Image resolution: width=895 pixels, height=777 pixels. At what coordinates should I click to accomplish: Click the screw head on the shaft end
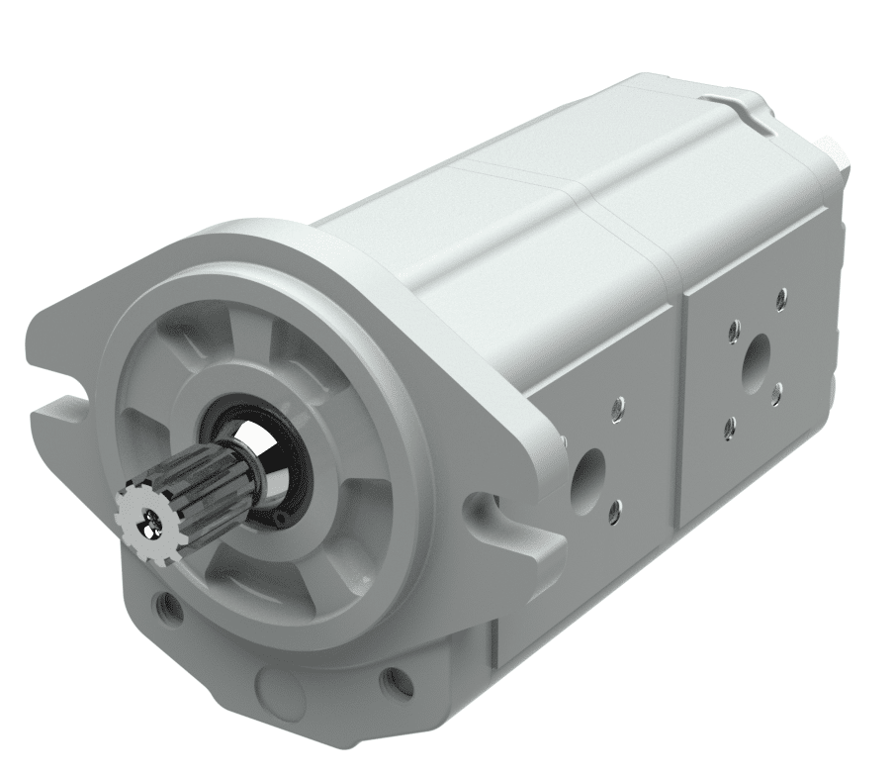(151, 518)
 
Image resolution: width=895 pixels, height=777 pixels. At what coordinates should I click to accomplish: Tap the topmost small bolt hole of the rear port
(781, 296)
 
